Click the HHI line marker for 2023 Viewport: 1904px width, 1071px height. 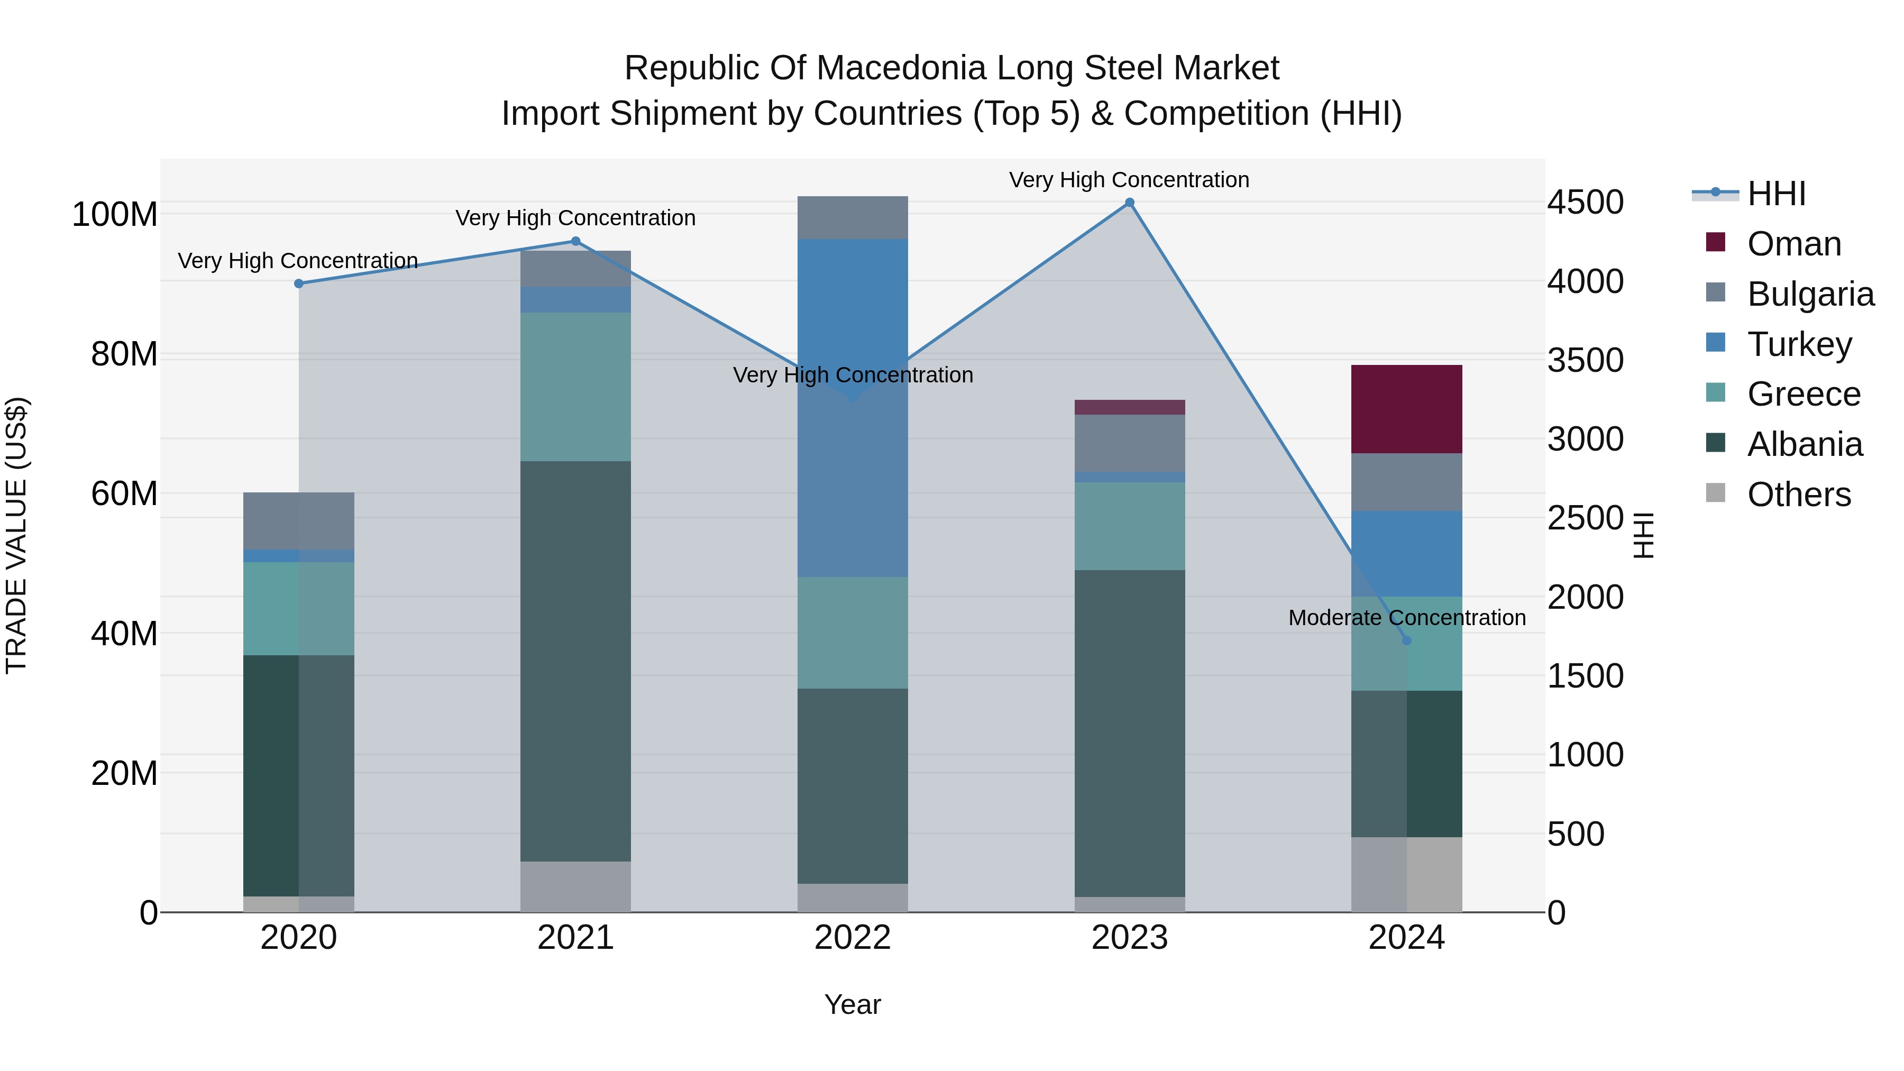tap(1129, 203)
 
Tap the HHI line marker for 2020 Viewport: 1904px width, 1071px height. tap(299, 284)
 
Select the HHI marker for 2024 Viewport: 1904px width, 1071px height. tap(1406, 641)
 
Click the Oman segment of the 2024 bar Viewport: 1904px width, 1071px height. tap(1406, 409)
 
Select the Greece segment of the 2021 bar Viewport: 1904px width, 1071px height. tap(576, 387)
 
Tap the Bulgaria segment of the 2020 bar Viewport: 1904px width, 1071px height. tap(299, 521)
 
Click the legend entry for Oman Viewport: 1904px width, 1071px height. tap(1794, 244)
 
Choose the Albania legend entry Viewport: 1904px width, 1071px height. tap(1804, 444)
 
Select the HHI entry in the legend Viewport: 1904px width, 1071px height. tap(1776, 194)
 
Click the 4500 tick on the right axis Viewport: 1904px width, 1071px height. tap(1586, 203)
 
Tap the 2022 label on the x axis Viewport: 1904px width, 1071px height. tap(852, 938)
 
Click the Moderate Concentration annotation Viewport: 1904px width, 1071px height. tap(1406, 617)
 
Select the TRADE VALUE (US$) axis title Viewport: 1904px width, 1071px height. tap(16, 535)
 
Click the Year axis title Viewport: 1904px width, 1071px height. tap(852, 1004)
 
